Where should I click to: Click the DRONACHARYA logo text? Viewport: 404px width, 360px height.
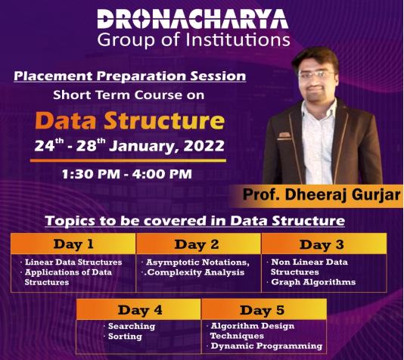point(193,19)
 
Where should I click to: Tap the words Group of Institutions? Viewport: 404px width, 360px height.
point(194,40)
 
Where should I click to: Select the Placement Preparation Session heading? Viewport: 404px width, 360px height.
point(130,76)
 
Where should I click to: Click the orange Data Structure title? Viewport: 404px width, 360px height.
point(130,120)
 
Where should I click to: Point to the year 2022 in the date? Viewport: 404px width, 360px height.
point(204,146)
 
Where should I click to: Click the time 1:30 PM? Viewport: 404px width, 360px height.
point(91,174)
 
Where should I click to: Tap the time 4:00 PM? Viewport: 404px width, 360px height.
point(162,174)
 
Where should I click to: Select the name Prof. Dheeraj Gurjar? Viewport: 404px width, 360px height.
point(322,194)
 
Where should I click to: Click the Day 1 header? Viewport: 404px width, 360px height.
point(73,244)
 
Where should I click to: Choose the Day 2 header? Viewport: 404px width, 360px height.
point(197,244)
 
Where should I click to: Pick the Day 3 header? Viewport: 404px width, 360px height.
point(322,244)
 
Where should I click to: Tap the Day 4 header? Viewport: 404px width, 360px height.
point(140,310)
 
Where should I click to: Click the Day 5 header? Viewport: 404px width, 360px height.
point(263,310)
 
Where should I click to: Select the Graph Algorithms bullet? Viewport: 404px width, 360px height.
point(313,282)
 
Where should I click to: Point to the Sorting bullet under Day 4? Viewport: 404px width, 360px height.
point(125,337)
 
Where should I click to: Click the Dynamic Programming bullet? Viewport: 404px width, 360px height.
point(266,346)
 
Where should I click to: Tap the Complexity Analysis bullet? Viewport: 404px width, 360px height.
point(194,272)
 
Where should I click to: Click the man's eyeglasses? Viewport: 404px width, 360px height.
point(316,74)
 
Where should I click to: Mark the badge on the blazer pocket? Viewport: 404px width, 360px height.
point(284,135)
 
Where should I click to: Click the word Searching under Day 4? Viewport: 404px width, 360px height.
point(132,326)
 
